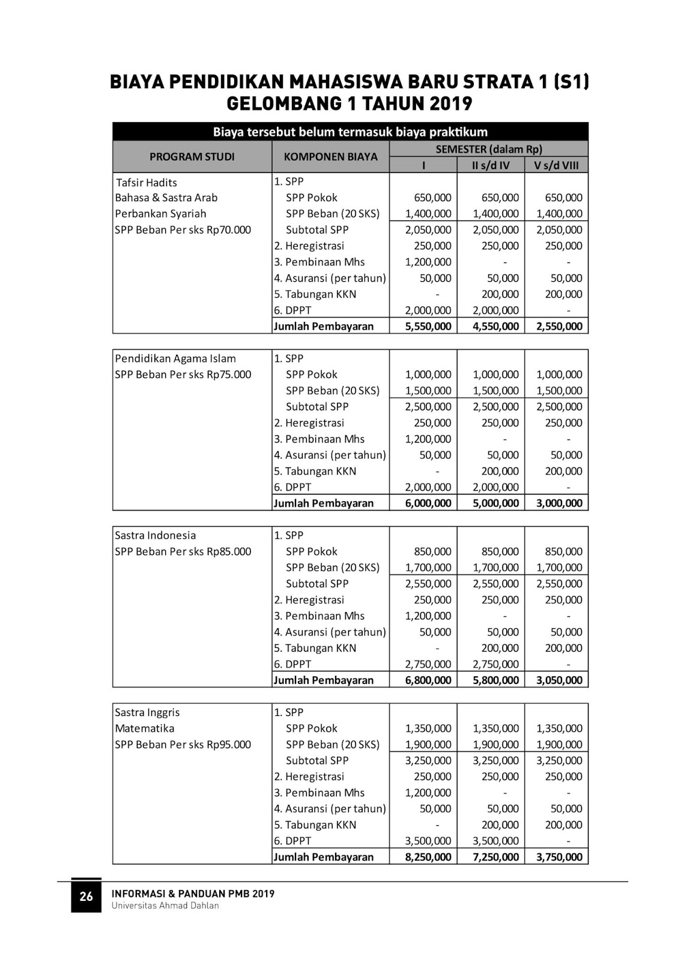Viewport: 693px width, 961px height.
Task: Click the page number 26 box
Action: pyautogui.click(x=86, y=896)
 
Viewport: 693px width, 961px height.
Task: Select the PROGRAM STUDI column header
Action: pyautogui.click(x=192, y=157)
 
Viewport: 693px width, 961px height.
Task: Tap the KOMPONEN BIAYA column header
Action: pyautogui.click(x=330, y=157)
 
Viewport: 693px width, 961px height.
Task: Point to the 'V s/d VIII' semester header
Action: pyautogui.click(x=556, y=165)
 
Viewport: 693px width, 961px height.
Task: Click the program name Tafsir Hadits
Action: pyautogui.click(x=147, y=183)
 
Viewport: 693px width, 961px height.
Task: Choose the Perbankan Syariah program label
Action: pyautogui.click(x=160, y=214)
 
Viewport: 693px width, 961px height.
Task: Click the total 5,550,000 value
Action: pyautogui.click(x=428, y=327)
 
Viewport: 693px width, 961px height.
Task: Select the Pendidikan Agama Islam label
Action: pyautogui.click(x=175, y=359)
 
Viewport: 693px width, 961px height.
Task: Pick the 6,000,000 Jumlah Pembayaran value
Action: pyautogui.click(x=428, y=503)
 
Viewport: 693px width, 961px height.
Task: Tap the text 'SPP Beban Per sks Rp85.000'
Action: pyautogui.click(x=183, y=551)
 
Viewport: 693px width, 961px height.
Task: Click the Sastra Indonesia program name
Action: pyautogui.click(x=156, y=535)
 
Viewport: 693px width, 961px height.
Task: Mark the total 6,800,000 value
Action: pyautogui.click(x=428, y=681)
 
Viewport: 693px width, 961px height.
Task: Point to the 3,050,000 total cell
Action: pyautogui.click(x=559, y=681)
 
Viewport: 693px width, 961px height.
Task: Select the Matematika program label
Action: pyautogui.click(x=145, y=729)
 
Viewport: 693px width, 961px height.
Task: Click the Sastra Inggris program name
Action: pyautogui.click(x=148, y=712)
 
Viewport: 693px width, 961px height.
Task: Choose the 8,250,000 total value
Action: pyautogui.click(x=428, y=857)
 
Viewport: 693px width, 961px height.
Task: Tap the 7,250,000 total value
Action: pyautogui.click(x=495, y=857)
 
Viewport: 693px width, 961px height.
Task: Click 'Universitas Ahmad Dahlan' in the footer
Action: pyautogui.click(x=165, y=906)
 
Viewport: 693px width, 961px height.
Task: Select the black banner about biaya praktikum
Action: pyautogui.click(x=350, y=132)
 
